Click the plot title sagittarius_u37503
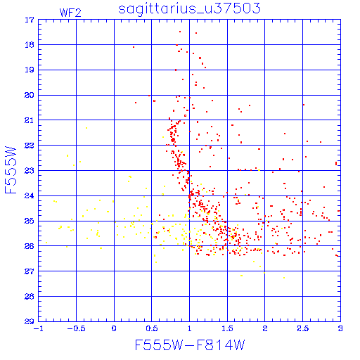189,9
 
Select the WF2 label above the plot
70,13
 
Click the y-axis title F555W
11,170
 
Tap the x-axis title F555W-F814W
190,345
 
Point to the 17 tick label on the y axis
30,20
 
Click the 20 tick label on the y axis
30,95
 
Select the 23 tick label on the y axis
30,171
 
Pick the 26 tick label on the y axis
30,246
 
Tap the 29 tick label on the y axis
30,321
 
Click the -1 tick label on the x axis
39,328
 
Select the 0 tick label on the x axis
114,328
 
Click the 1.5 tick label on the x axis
227,328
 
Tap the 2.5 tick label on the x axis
303,328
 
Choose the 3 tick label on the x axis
340,328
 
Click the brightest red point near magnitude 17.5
180,32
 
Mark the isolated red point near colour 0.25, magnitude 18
134,47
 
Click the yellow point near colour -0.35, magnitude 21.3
86,128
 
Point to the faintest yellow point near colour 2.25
284,278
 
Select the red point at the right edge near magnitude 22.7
336,163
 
